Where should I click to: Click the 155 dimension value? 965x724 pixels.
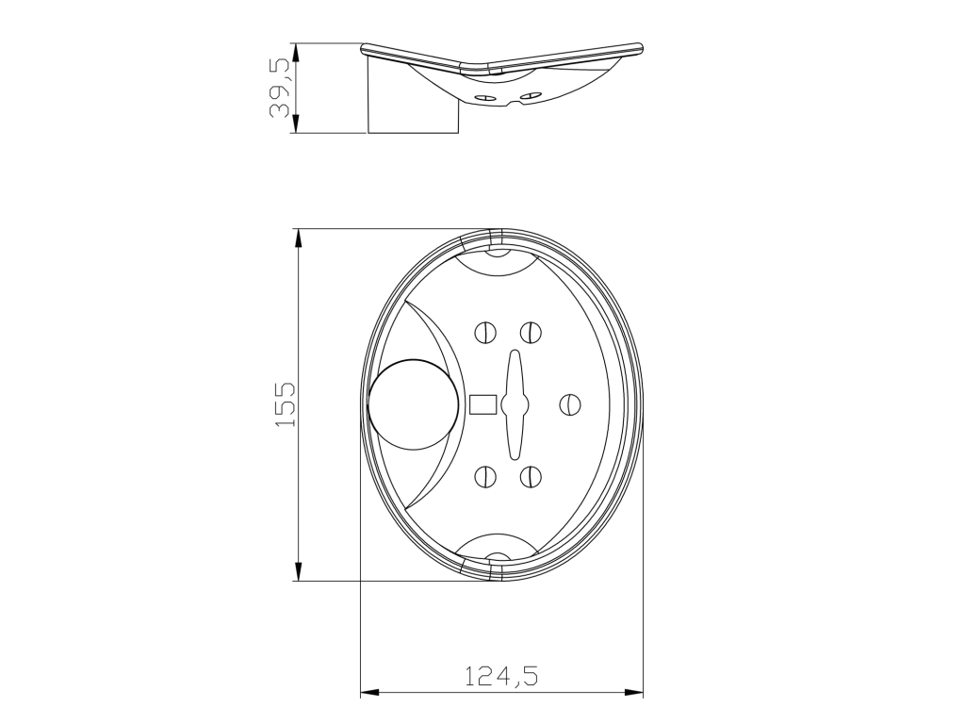point(285,404)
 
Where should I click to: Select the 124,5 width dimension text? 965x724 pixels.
point(501,676)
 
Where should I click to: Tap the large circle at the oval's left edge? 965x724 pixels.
point(414,403)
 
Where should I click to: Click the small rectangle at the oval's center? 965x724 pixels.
point(483,404)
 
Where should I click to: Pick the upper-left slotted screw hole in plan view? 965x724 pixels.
point(485,333)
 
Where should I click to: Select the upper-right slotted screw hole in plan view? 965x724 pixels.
point(530,333)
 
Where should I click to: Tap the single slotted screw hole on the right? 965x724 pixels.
point(570,404)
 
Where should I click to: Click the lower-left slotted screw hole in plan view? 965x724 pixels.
point(485,476)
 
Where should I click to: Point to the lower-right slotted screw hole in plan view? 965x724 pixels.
point(530,476)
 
